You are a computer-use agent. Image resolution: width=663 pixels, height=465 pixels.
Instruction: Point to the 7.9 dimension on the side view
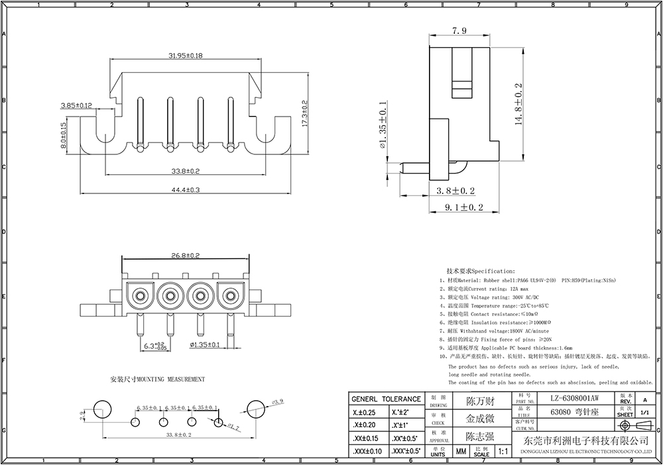click(x=459, y=31)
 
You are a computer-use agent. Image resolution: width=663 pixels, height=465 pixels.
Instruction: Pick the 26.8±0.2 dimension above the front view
click(x=186, y=254)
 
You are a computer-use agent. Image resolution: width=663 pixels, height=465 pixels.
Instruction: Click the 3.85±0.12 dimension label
click(x=76, y=105)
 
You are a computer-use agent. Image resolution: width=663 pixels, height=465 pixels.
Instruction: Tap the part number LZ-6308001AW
click(x=574, y=398)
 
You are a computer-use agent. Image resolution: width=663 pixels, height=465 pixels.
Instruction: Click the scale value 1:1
click(x=504, y=452)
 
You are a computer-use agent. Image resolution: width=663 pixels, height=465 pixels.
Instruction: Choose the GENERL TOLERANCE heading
click(x=385, y=399)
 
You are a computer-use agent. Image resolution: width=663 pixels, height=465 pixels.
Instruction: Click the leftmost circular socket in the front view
click(x=141, y=295)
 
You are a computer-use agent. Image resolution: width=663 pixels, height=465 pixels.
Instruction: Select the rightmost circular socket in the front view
click(x=229, y=295)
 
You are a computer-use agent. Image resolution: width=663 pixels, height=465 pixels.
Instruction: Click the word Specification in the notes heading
click(x=493, y=272)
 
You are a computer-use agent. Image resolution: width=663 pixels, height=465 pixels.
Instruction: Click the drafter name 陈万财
click(x=480, y=401)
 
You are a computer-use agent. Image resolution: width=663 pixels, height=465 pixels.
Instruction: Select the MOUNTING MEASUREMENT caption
click(x=157, y=380)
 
